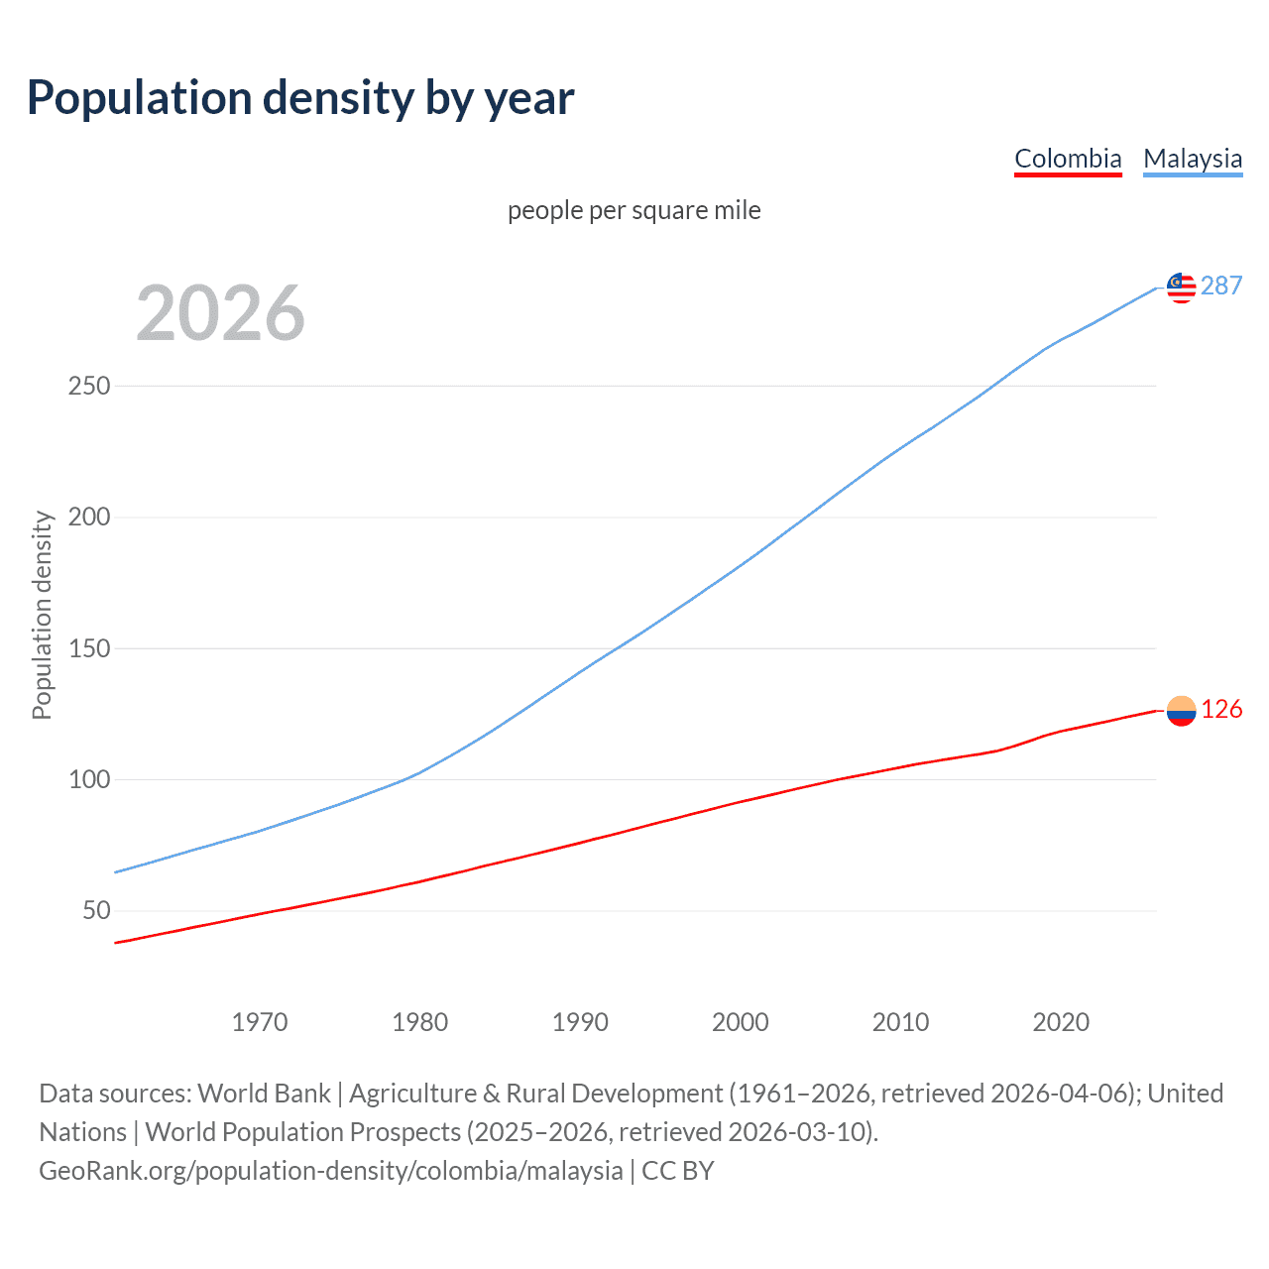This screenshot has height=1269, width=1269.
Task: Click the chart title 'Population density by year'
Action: [x=300, y=98]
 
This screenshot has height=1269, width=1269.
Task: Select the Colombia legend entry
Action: [x=1068, y=159]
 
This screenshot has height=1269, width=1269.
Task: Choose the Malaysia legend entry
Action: [x=1193, y=159]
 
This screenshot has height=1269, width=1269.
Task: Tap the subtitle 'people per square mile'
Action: [x=634, y=210]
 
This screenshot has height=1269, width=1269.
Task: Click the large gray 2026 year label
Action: [x=220, y=313]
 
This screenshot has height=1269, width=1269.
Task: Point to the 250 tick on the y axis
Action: [x=89, y=386]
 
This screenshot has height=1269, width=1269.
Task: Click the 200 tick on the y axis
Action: [x=89, y=517]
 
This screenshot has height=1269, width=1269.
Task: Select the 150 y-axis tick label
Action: [x=89, y=648]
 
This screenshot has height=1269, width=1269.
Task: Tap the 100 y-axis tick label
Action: [x=89, y=779]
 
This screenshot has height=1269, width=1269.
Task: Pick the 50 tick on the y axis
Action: [x=96, y=910]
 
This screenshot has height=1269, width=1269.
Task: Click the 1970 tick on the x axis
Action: [x=260, y=1022]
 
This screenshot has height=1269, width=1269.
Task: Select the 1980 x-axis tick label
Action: [x=420, y=1022]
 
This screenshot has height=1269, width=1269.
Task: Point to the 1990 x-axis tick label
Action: [x=580, y=1022]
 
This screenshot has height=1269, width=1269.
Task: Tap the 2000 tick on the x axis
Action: [x=741, y=1022]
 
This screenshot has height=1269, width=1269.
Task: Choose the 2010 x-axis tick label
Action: [x=900, y=1022]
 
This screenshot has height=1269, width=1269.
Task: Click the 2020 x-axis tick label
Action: [x=1061, y=1022]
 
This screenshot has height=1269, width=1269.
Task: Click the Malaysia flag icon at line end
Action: [x=1181, y=288]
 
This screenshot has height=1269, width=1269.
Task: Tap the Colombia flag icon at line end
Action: [x=1181, y=711]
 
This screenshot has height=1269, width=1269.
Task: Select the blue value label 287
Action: [x=1221, y=286]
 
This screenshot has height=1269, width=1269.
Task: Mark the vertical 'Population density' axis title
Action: [x=42, y=615]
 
